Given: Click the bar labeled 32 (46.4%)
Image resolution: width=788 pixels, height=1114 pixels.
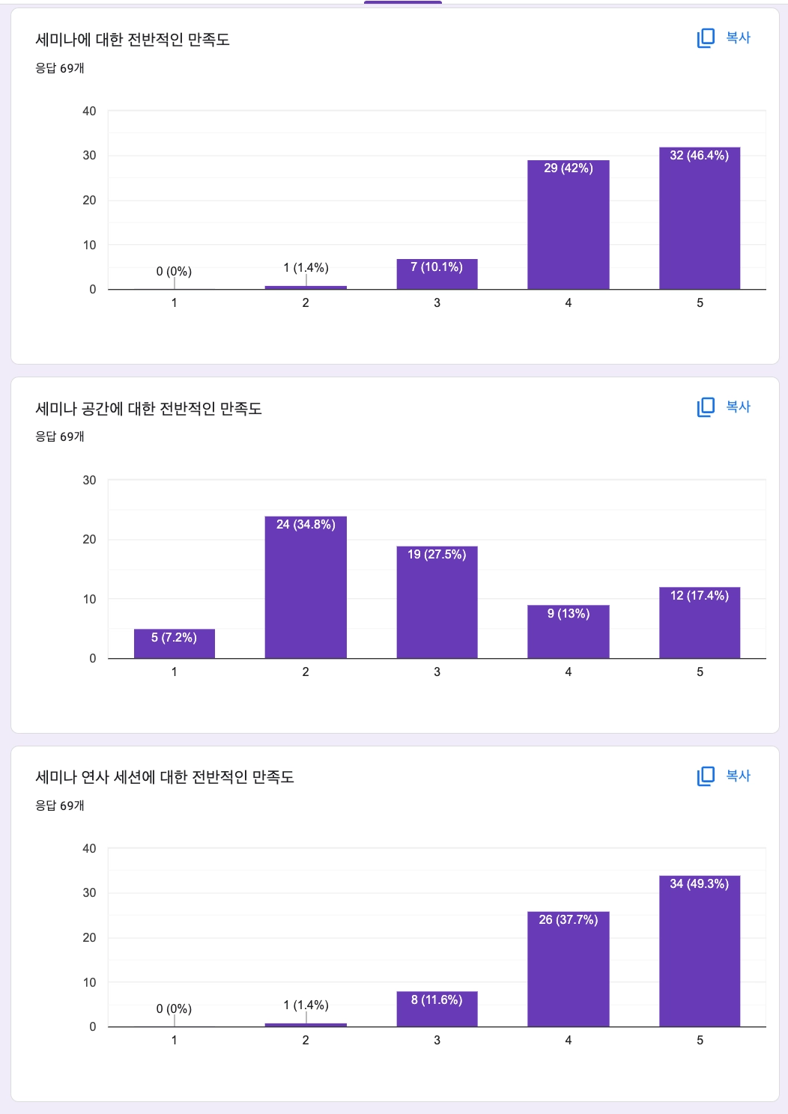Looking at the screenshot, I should [x=700, y=219].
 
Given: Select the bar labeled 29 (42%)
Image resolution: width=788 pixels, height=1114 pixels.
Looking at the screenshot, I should [x=568, y=225].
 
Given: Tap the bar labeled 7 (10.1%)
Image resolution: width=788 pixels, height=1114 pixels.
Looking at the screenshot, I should [x=437, y=275].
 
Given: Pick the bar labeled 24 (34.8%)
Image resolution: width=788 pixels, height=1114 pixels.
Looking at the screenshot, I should [x=306, y=588].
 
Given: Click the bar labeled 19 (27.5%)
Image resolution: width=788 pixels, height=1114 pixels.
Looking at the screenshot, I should [x=437, y=603].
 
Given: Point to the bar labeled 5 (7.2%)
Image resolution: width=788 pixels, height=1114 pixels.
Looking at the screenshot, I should [x=174, y=644].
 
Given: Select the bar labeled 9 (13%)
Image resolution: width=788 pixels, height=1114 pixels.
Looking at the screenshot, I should [x=568, y=632].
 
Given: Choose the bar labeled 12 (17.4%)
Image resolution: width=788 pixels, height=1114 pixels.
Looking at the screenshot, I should [x=700, y=623].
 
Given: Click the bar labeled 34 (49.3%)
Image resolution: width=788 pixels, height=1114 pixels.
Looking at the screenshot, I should [x=700, y=951].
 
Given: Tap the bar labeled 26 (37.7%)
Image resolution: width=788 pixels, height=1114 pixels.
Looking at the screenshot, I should [x=568, y=969].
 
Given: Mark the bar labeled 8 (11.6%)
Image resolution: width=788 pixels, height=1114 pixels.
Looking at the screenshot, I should [x=437, y=1009].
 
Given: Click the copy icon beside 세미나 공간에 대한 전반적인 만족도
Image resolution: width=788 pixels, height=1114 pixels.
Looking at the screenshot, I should [x=706, y=407].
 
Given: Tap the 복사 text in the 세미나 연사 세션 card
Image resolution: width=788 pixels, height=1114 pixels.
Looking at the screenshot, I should [x=738, y=776].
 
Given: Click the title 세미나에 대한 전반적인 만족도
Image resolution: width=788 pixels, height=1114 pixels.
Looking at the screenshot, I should [x=133, y=40].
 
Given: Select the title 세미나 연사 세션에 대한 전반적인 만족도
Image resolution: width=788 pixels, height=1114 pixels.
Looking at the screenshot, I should [x=165, y=777].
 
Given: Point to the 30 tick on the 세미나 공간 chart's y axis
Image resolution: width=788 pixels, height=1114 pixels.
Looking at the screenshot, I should [x=89, y=480].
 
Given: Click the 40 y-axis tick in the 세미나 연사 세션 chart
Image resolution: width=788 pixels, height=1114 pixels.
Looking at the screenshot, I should [x=89, y=848].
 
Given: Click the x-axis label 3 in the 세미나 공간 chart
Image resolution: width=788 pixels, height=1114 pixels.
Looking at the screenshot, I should [x=437, y=672].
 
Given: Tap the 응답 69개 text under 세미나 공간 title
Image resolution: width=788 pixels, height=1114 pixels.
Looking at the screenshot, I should [x=60, y=436].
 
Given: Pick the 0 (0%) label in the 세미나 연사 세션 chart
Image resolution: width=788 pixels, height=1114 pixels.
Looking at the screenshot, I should [x=174, y=1008].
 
